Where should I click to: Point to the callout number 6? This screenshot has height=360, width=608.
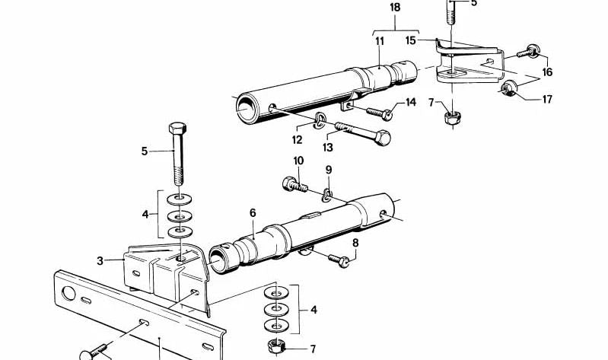pyautogui.click(x=253, y=214)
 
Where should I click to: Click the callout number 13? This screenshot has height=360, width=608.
pyautogui.click(x=329, y=148)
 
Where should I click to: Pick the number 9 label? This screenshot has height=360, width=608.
pyautogui.click(x=329, y=169)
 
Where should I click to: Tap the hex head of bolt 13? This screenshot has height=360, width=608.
pyautogui.click(x=383, y=139)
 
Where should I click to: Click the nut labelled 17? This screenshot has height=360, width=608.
pyautogui.click(x=506, y=91)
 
